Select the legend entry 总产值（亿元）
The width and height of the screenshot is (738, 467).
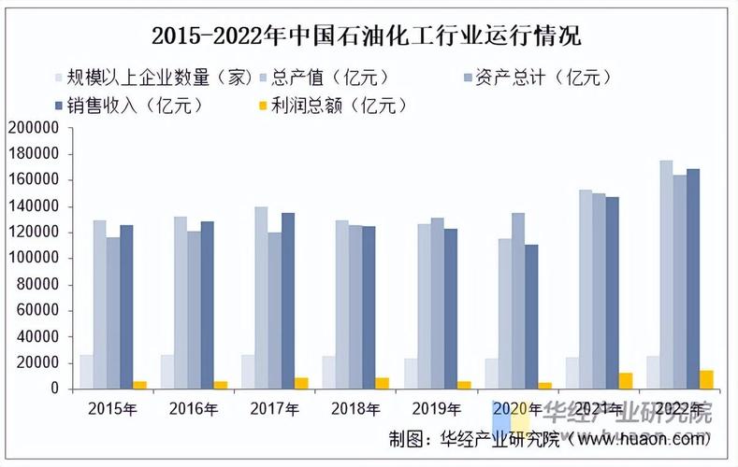329,77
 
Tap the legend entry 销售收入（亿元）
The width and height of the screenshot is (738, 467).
132,105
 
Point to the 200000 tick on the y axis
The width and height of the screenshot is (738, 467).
33,127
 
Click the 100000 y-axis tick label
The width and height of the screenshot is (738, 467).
33,258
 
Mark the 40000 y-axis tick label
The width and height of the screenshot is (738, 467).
36,336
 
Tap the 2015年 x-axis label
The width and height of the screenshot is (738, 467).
112,408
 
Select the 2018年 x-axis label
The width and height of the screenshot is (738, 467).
355,408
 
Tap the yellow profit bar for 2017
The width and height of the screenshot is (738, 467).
301,383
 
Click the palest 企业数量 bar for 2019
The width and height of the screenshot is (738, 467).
411,374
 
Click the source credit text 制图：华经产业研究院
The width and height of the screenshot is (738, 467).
473,438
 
